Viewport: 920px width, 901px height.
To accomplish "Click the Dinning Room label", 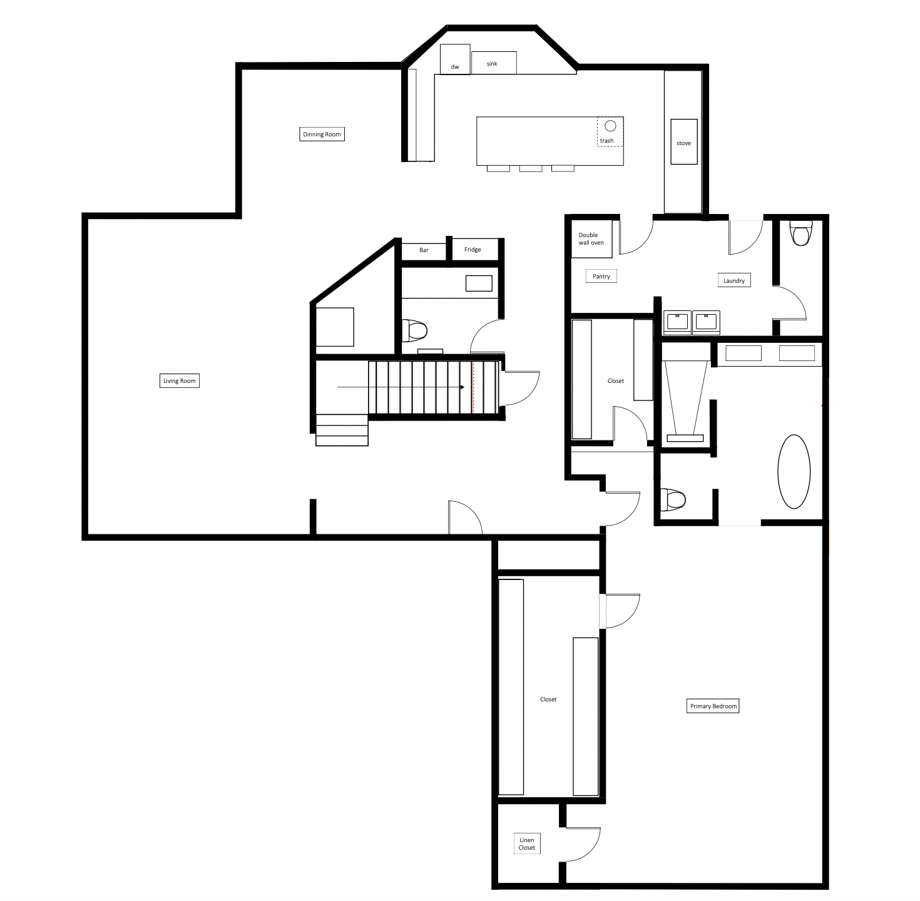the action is tap(322, 134).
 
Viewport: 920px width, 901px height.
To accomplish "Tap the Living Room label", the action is tap(180, 380).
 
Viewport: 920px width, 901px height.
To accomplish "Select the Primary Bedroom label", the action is tap(713, 706).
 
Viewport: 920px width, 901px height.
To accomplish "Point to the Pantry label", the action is tap(601, 276).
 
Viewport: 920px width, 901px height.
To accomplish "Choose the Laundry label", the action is tap(734, 280).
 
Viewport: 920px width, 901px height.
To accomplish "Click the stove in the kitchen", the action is tap(683, 142).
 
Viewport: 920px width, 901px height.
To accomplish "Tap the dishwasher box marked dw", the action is tap(455, 59).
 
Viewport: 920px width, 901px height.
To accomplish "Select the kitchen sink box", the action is tap(494, 63).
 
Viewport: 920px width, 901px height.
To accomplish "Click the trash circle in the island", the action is tap(610, 126).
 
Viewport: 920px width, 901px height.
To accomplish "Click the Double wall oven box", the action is tap(591, 239).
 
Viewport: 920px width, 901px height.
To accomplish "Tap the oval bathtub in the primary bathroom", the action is tap(794, 472).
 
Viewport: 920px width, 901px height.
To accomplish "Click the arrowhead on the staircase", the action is tap(462, 387).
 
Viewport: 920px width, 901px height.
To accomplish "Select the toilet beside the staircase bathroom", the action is tap(414, 330).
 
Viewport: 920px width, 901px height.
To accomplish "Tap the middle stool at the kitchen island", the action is tap(531, 168).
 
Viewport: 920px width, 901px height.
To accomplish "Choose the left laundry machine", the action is tap(677, 322).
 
